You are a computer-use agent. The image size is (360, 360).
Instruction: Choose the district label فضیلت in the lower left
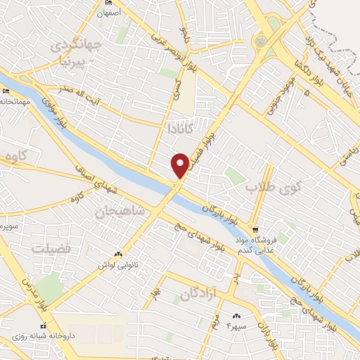[x=51, y=249]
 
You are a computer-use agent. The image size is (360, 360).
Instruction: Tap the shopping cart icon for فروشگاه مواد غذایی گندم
[x=256, y=229]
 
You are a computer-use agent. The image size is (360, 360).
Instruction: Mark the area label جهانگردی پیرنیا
[x=76, y=53]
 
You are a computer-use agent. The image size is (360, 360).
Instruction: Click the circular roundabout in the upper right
[x=262, y=42]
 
